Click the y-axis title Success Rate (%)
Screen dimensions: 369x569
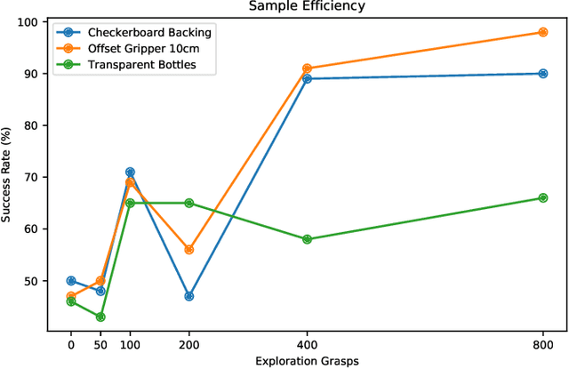click(11, 174)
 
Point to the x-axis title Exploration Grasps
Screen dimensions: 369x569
click(307, 361)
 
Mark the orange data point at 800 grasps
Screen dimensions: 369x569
click(543, 32)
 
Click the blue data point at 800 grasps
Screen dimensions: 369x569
click(543, 74)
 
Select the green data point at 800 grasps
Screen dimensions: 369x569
click(543, 197)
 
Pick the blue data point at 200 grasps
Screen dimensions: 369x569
click(188, 296)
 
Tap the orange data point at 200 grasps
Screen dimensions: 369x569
click(188, 250)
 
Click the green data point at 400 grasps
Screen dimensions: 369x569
click(307, 239)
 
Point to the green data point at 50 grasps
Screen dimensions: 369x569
click(100, 317)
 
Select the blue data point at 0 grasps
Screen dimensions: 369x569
click(71, 281)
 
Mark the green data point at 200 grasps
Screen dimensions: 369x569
click(188, 203)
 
